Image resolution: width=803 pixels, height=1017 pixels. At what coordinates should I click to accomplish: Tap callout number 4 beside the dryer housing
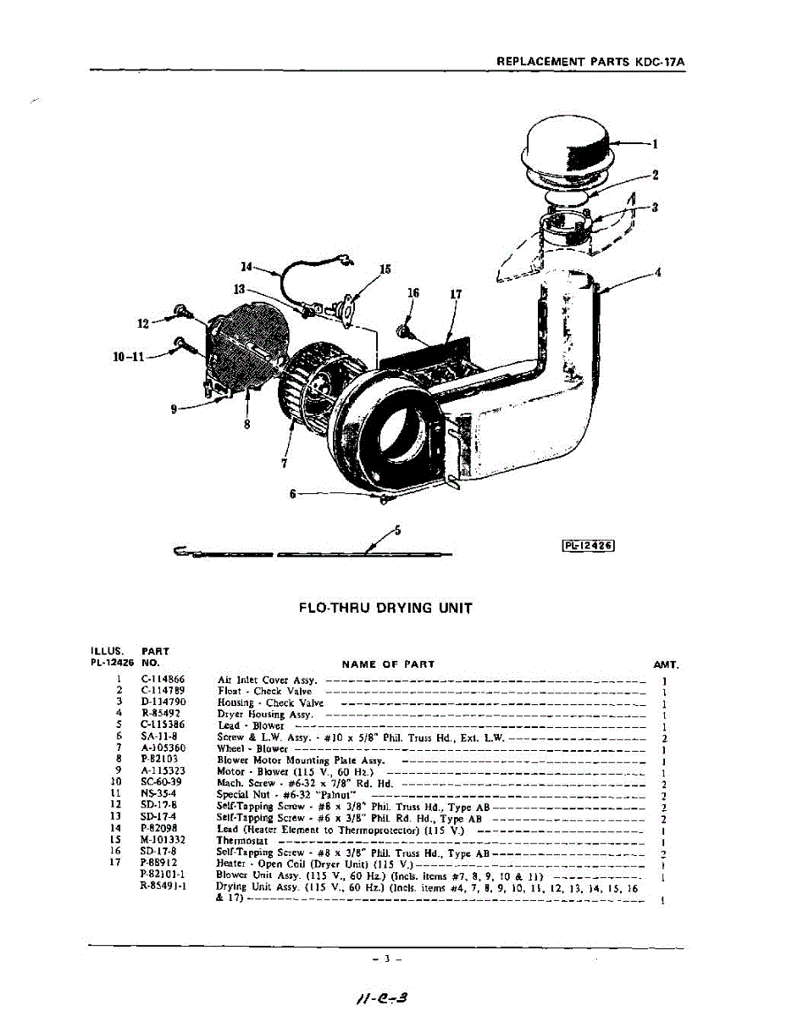(657, 272)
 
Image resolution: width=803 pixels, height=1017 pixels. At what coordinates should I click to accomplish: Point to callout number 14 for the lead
(246, 267)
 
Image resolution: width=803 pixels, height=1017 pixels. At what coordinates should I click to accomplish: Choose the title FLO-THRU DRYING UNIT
(385, 608)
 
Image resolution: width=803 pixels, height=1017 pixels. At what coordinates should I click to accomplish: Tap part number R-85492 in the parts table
(160, 714)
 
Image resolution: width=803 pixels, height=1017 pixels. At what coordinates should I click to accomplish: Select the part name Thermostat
(242, 841)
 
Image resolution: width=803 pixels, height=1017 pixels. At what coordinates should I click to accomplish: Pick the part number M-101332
(163, 840)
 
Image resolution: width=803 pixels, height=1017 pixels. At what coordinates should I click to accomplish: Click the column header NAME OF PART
(388, 664)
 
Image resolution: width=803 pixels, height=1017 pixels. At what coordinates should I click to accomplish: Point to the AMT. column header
(666, 665)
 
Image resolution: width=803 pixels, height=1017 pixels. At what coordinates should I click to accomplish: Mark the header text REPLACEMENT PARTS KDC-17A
(590, 61)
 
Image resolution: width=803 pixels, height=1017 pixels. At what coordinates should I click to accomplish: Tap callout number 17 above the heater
(456, 294)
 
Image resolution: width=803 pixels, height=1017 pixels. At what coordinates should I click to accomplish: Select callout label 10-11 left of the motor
(128, 357)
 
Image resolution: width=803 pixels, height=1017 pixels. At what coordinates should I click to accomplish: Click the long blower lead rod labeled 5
(313, 554)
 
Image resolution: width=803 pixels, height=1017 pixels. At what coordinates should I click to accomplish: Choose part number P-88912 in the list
(161, 864)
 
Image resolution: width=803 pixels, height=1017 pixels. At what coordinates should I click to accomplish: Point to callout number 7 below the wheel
(285, 463)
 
